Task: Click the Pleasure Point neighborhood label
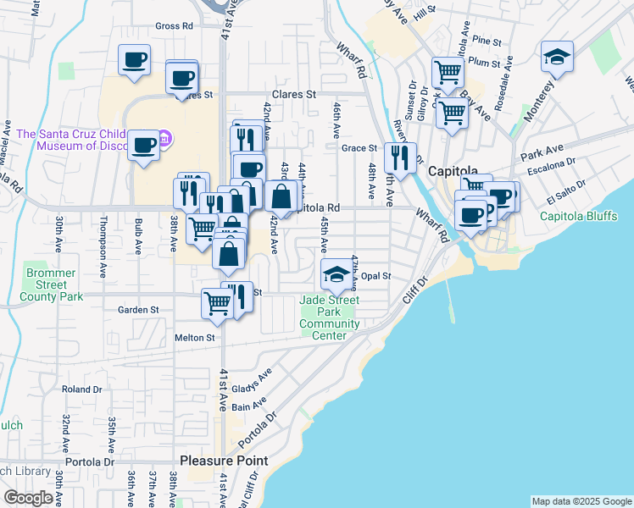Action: point(224,461)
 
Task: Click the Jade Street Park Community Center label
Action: point(330,317)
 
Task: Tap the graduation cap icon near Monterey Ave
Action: point(556,57)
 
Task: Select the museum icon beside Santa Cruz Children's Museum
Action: point(165,137)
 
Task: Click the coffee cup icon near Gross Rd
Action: point(134,60)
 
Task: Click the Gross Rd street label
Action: point(174,26)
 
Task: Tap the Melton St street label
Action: point(195,337)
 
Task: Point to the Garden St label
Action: point(138,310)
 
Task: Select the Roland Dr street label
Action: point(81,389)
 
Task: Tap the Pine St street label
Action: point(487,41)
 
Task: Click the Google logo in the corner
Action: point(28,498)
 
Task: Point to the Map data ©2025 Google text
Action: point(581,501)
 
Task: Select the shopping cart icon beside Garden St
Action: point(217,302)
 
